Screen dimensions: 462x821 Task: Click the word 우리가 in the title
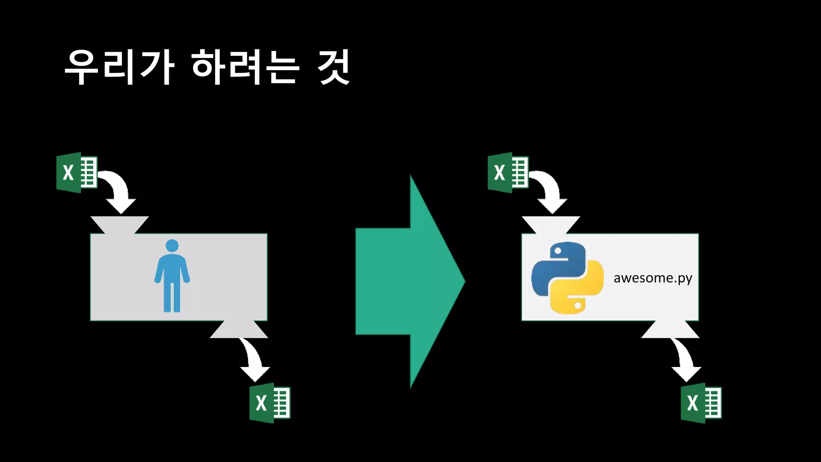pyautogui.click(x=119, y=67)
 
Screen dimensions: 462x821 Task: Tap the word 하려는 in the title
pyautogui.click(x=245, y=67)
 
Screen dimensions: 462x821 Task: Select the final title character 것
pyautogui.click(x=334, y=67)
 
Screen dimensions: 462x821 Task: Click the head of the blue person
pyautogui.click(x=172, y=246)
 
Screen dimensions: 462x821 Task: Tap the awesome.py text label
pyautogui.click(x=653, y=278)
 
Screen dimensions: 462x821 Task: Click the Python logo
pyautogui.click(x=567, y=278)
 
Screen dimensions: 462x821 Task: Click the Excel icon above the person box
pyautogui.click(x=77, y=172)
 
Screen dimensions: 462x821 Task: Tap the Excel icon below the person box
pyautogui.click(x=270, y=403)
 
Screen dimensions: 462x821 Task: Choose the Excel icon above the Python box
pyautogui.click(x=508, y=172)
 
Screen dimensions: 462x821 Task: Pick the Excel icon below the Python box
pyautogui.click(x=701, y=403)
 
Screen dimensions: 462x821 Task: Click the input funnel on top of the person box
pyautogui.click(x=119, y=225)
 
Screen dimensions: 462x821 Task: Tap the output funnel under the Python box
pyautogui.click(x=670, y=330)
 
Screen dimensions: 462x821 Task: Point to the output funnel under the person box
pyautogui.click(x=239, y=330)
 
